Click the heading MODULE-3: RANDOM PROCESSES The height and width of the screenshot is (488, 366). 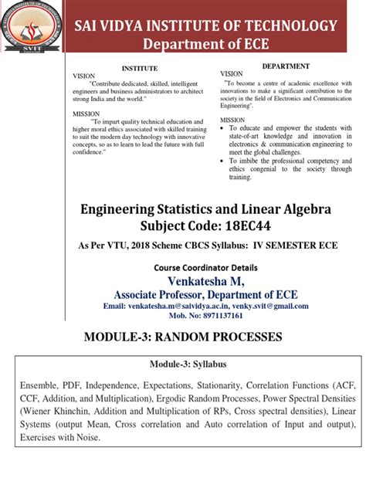[x=183, y=337]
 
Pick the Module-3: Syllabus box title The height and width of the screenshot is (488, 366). [x=183, y=364]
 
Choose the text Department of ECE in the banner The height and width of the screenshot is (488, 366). [x=205, y=41]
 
